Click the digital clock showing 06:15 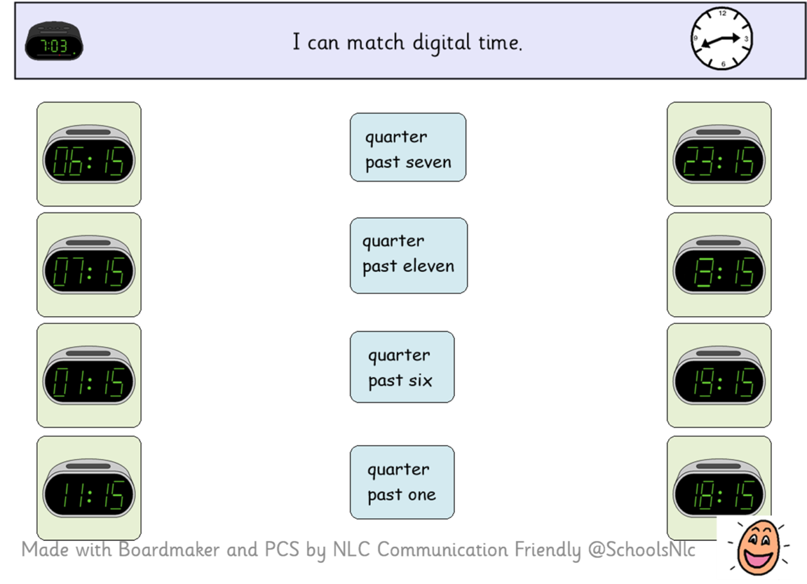pos(89,154)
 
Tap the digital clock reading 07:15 pos(89,265)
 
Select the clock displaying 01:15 pos(89,376)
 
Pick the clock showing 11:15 pos(89,488)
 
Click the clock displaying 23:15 pos(719,154)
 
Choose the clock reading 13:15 pos(719,265)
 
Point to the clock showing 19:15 pos(719,376)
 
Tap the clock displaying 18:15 pos(719,488)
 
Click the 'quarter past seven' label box pos(408,147)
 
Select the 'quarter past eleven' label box pos(409,256)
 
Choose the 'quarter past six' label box pos(402,367)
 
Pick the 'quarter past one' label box pos(402,482)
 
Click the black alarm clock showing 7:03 pos(54,41)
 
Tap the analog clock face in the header pos(722,38)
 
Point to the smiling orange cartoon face pos(758,547)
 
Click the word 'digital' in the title pos(442,43)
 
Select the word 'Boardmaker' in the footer pos(169,549)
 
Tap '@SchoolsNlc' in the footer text pos(642,550)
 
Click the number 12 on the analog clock pos(722,13)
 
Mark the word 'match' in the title pos(375,42)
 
